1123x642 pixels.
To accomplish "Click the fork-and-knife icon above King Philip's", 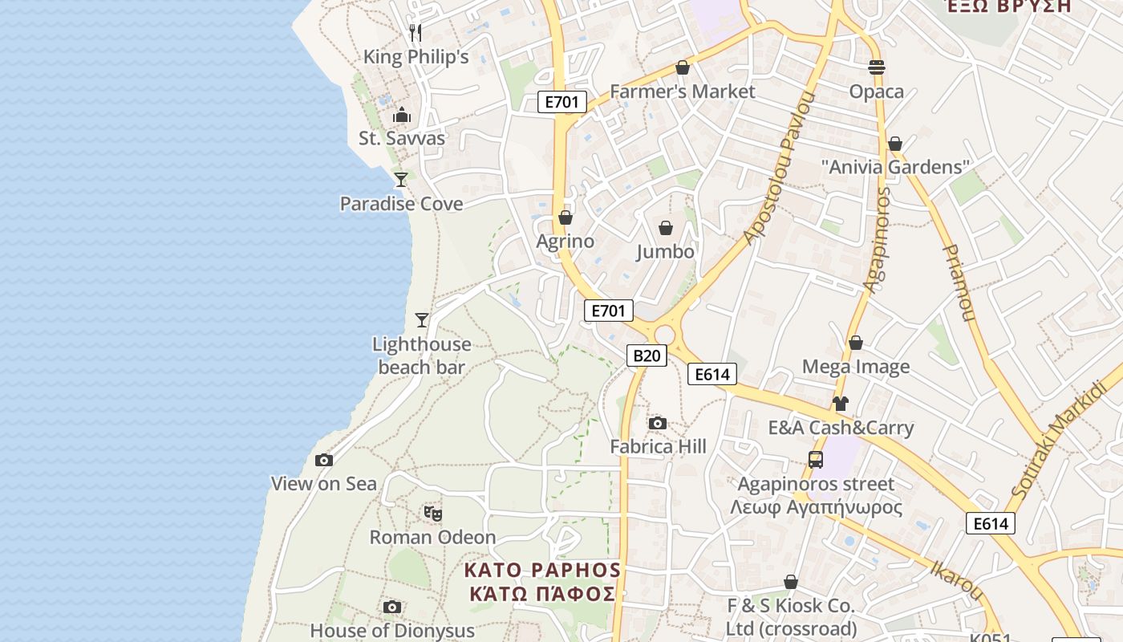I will tap(416, 33).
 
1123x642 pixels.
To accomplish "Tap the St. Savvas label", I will tap(401, 138).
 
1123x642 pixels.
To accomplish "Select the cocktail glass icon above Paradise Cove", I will tap(401, 179).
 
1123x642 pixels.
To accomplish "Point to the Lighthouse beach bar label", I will tap(421, 356).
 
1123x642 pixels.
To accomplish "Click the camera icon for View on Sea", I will tap(324, 460).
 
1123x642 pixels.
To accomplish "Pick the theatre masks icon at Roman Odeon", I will tap(433, 513).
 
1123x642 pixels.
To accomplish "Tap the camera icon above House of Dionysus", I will tap(392, 607).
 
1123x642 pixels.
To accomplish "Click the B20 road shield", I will tap(647, 356).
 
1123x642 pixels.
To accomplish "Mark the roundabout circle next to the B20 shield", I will tap(665, 335).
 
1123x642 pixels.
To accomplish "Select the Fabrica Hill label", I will tap(658, 446).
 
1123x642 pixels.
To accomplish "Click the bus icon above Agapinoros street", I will tap(816, 460).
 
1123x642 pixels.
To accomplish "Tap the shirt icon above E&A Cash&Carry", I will tap(840, 403).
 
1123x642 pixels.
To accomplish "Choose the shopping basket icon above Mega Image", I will tap(856, 343).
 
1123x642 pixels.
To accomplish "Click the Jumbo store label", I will tap(665, 252).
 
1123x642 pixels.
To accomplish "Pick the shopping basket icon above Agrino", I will tap(566, 217).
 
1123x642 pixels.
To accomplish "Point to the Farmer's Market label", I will tap(682, 91).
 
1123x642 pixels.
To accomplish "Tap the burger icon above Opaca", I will tap(877, 67).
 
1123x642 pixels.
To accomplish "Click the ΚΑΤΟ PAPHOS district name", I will tap(543, 571).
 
